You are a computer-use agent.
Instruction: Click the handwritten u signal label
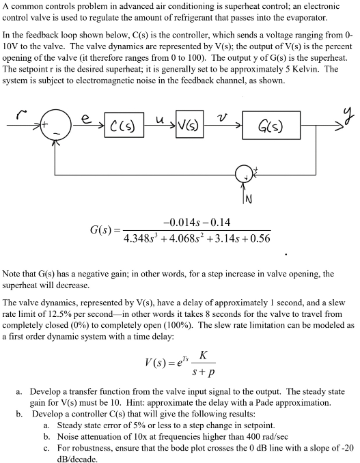156,119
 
